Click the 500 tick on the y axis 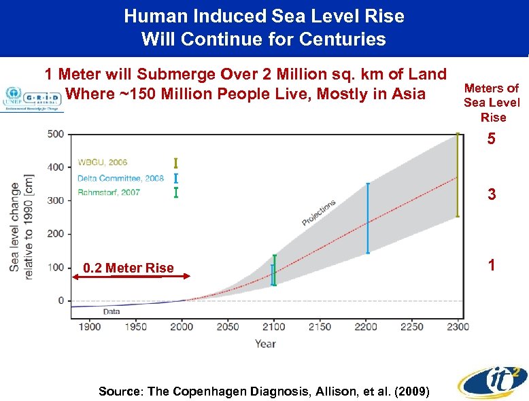(x=56, y=134)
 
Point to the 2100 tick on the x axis (x=274, y=327)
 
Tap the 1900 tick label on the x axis (x=90, y=327)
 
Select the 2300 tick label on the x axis (x=458, y=327)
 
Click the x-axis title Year (x=265, y=344)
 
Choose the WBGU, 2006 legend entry (x=102, y=162)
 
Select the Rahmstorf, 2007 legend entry (x=109, y=192)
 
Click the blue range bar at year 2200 (x=368, y=217)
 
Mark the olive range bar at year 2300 (x=458, y=175)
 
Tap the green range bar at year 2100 (x=275, y=270)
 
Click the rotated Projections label (x=319, y=213)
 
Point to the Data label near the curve (x=111, y=311)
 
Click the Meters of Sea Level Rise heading (x=492, y=103)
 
